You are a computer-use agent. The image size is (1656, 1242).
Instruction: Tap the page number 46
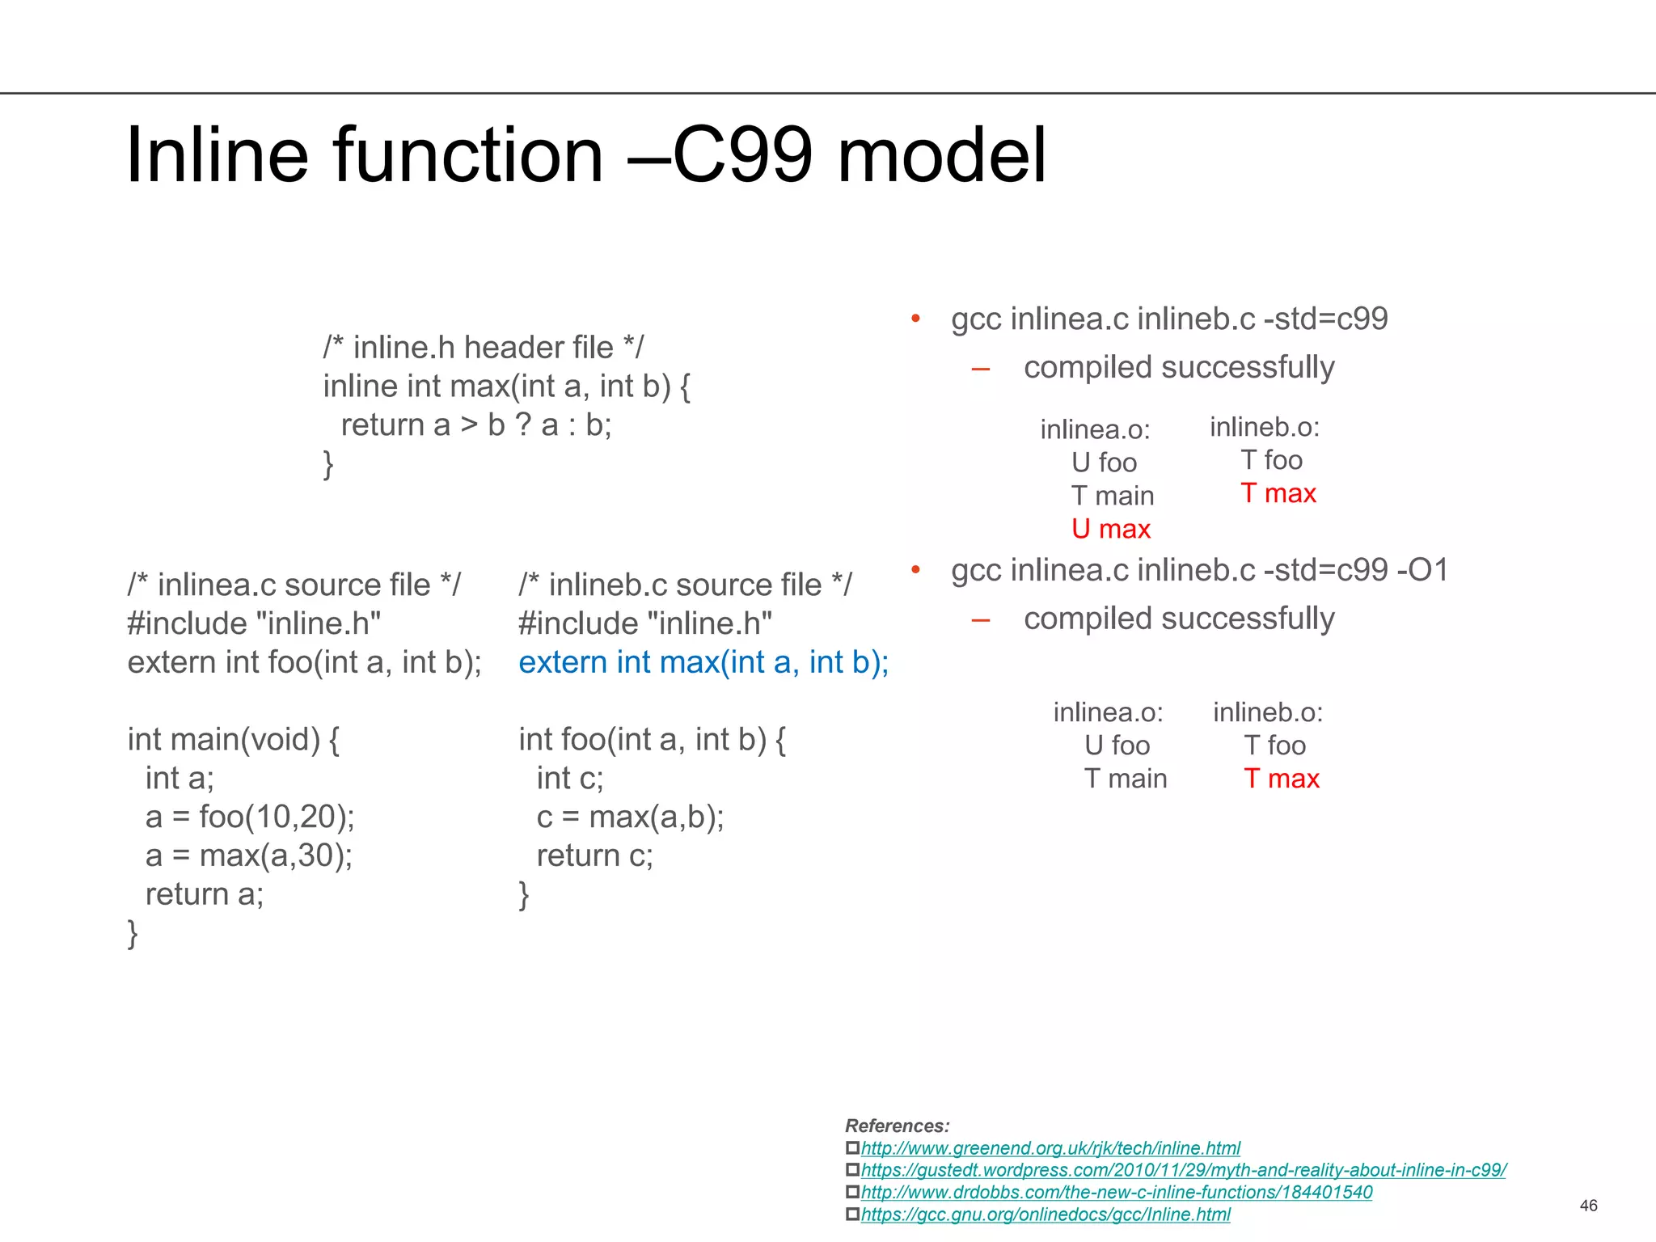pyautogui.click(x=1588, y=1206)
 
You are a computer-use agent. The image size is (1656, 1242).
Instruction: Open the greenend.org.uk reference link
pyautogui.click(x=1050, y=1148)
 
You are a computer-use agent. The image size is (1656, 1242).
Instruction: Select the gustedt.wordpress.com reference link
pyautogui.click(x=1183, y=1170)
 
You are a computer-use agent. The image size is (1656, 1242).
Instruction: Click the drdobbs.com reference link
pyautogui.click(x=1116, y=1192)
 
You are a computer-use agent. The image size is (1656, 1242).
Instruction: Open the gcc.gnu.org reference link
pyautogui.click(x=1045, y=1215)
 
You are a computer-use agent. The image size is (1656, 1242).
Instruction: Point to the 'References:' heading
pyautogui.click(x=897, y=1126)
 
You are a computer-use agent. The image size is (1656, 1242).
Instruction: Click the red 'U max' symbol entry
pyautogui.click(x=1110, y=529)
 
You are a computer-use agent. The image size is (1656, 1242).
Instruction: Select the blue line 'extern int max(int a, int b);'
pyautogui.click(x=703, y=662)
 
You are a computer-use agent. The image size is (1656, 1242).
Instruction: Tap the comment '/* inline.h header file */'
pyautogui.click(x=484, y=348)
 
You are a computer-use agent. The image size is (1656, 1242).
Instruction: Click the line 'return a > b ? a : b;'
pyautogui.click(x=475, y=425)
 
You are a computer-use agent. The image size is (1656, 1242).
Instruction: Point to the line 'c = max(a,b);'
pyautogui.click(x=630, y=817)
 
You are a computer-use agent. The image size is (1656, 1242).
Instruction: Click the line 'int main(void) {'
pyautogui.click(x=234, y=740)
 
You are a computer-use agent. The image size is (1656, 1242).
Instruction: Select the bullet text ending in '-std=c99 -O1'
pyautogui.click(x=1199, y=570)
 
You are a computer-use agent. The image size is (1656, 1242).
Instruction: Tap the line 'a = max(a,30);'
pyautogui.click(x=249, y=855)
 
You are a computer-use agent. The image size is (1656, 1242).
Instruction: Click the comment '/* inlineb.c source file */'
pyautogui.click(x=685, y=585)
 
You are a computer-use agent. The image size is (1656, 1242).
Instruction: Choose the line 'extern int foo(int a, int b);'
pyautogui.click(x=304, y=662)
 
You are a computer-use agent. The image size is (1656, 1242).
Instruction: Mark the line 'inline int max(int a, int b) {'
pyautogui.click(x=506, y=387)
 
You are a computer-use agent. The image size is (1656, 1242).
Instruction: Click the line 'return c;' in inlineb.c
pyautogui.click(x=594, y=855)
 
